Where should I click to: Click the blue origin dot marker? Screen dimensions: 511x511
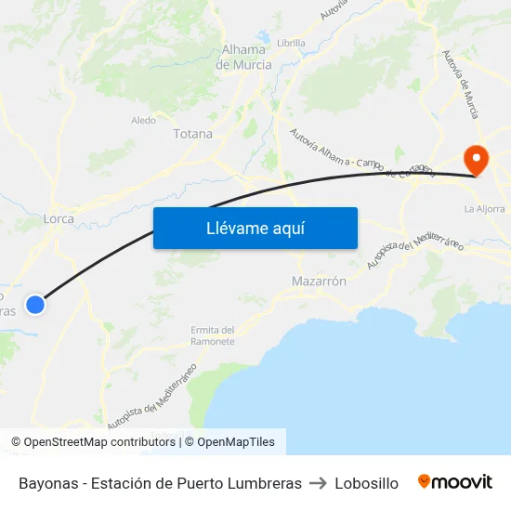(35, 304)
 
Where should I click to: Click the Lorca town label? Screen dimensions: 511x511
(59, 219)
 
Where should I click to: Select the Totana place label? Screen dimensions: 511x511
(192, 134)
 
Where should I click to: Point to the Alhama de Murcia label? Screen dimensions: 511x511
(243, 58)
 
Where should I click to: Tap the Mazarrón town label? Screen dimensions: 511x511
(319, 281)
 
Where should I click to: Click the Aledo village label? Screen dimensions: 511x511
(143, 120)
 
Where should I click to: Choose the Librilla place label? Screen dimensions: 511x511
(291, 43)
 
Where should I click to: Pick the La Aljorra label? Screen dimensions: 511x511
(483, 209)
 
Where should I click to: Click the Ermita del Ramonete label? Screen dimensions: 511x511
(213, 335)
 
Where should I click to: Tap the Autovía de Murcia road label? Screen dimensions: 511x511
(461, 84)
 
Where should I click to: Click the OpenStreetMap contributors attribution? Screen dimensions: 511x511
(95, 442)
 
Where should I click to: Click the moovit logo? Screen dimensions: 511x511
(454, 482)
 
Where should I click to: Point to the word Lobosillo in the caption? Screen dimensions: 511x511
(366, 483)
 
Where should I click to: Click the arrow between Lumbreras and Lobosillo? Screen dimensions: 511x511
(318, 483)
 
